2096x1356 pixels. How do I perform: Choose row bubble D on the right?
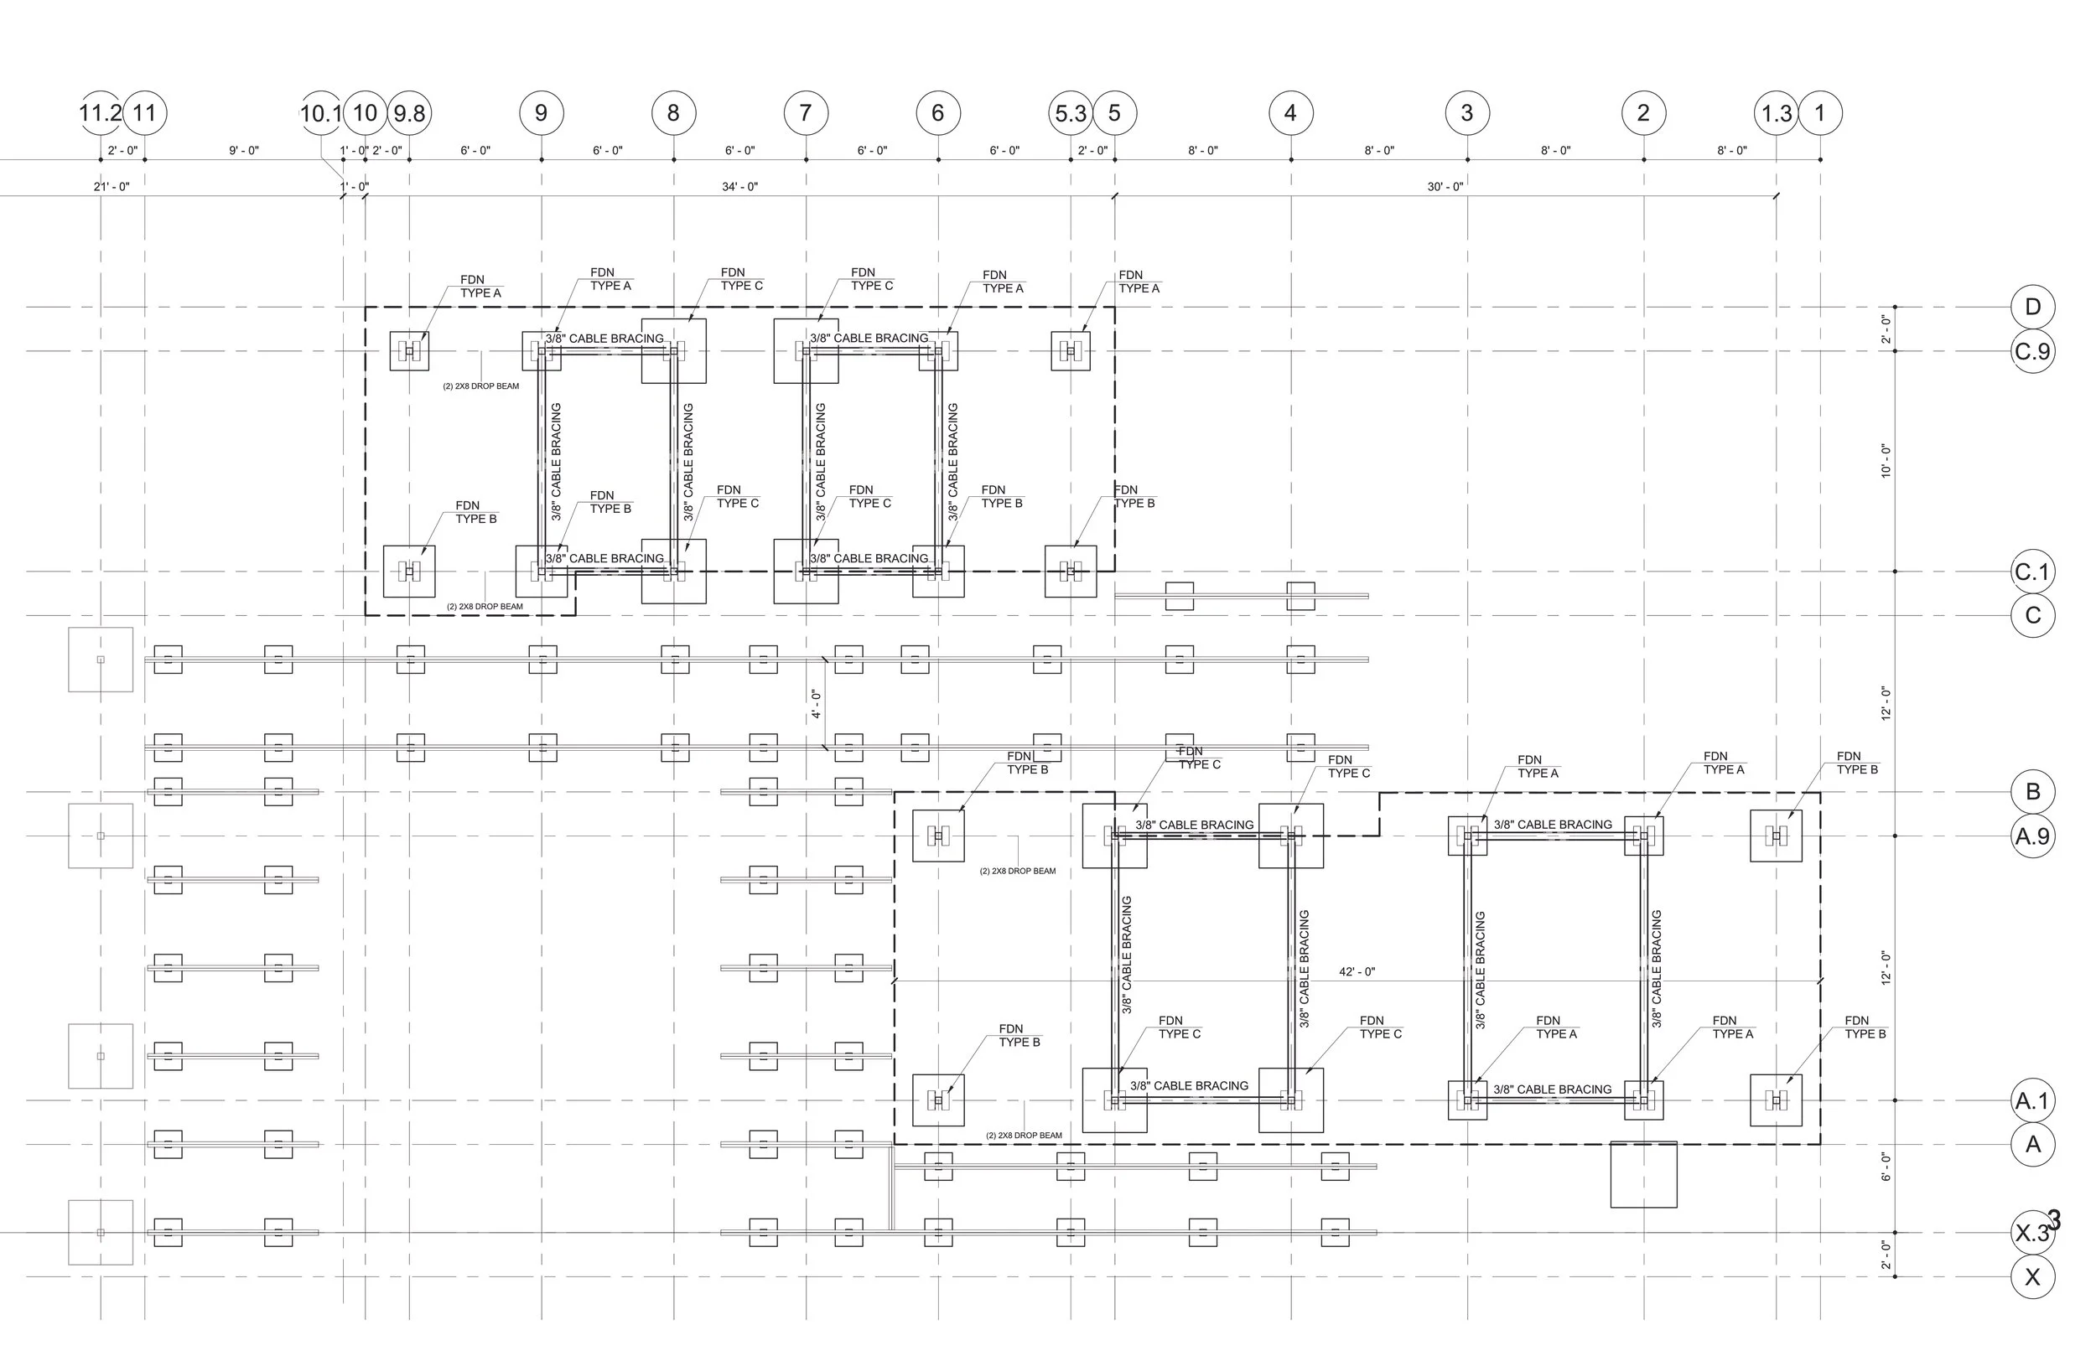tap(2032, 308)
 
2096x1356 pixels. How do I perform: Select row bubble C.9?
tap(2032, 351)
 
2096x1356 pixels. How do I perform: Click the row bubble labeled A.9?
tap(2032, 836)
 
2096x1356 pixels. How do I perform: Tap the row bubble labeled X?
tap(2032, 1276)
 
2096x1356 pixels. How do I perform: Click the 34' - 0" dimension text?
tap(739, 187)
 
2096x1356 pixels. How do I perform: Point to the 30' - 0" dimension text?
tap(1445, 187)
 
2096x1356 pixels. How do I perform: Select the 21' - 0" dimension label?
tap(112, 187)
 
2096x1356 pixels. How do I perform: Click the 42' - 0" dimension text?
tap(1357, 972)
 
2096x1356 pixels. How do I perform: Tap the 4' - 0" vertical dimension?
tap(816, 705)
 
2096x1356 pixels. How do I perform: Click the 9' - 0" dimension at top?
tap(244, 151)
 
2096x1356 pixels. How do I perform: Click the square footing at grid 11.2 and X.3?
tap(101, 1233)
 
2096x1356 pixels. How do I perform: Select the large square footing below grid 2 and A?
tap(1643, 1175)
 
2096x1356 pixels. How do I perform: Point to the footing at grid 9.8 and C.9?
tap(409, 351)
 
